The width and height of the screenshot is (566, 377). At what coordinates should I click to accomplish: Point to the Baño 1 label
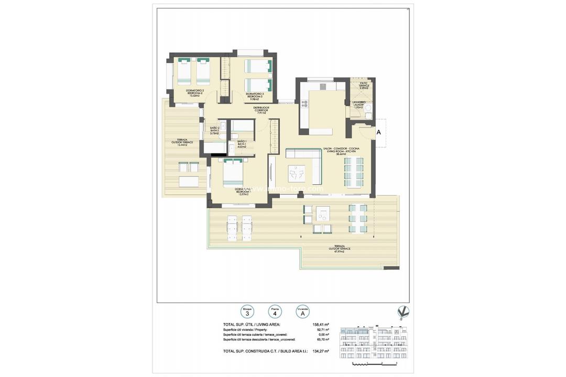[242, 144]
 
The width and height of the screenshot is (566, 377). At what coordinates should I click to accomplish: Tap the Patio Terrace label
[364, 85]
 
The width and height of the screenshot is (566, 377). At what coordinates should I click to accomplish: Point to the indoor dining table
[353, 171]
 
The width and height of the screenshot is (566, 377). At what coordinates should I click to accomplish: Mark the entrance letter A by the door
[378, 133]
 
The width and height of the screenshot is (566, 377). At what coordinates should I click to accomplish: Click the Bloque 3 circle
[247, 312]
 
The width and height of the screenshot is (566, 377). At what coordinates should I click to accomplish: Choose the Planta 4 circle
[274, 312]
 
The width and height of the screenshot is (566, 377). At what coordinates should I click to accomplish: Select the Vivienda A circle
[301, 312]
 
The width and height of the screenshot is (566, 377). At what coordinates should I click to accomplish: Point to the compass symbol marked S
[404, 312]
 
